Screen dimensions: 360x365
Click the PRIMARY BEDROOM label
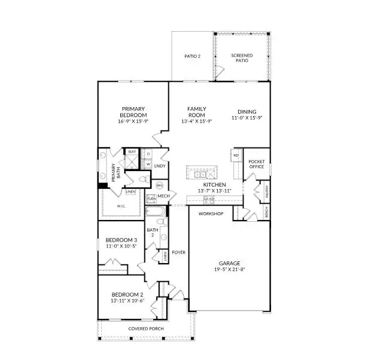[133, 112]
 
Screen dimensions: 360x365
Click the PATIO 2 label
[191, 57]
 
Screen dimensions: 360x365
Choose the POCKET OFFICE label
[256, 164]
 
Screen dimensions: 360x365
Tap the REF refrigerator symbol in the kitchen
[236, 155]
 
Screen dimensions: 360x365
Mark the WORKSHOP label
[211, 213]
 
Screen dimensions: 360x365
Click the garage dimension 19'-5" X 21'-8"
[229, 269]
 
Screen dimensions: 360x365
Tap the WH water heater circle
[160, 185]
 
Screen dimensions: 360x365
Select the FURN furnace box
[151, 198]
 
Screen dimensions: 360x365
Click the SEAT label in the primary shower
[132, 152]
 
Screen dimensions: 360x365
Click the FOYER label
[178, 252]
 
